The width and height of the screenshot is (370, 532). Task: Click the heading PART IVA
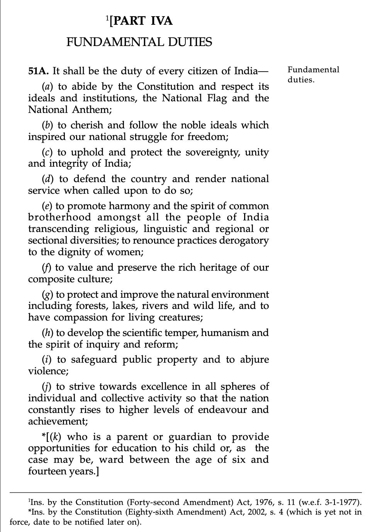click(x=141, y=20)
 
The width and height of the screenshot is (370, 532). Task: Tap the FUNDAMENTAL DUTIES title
click(x=139, y=42)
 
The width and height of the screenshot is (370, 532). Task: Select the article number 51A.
click(x=38, y=71)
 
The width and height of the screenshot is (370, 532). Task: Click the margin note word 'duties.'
click(x=301, y=80)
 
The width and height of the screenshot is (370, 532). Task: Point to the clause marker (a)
click(x=48, y=87)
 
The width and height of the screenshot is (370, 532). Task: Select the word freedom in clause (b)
click(x=207, y=137)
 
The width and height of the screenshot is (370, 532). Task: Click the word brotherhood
click(x=60, y=217)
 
